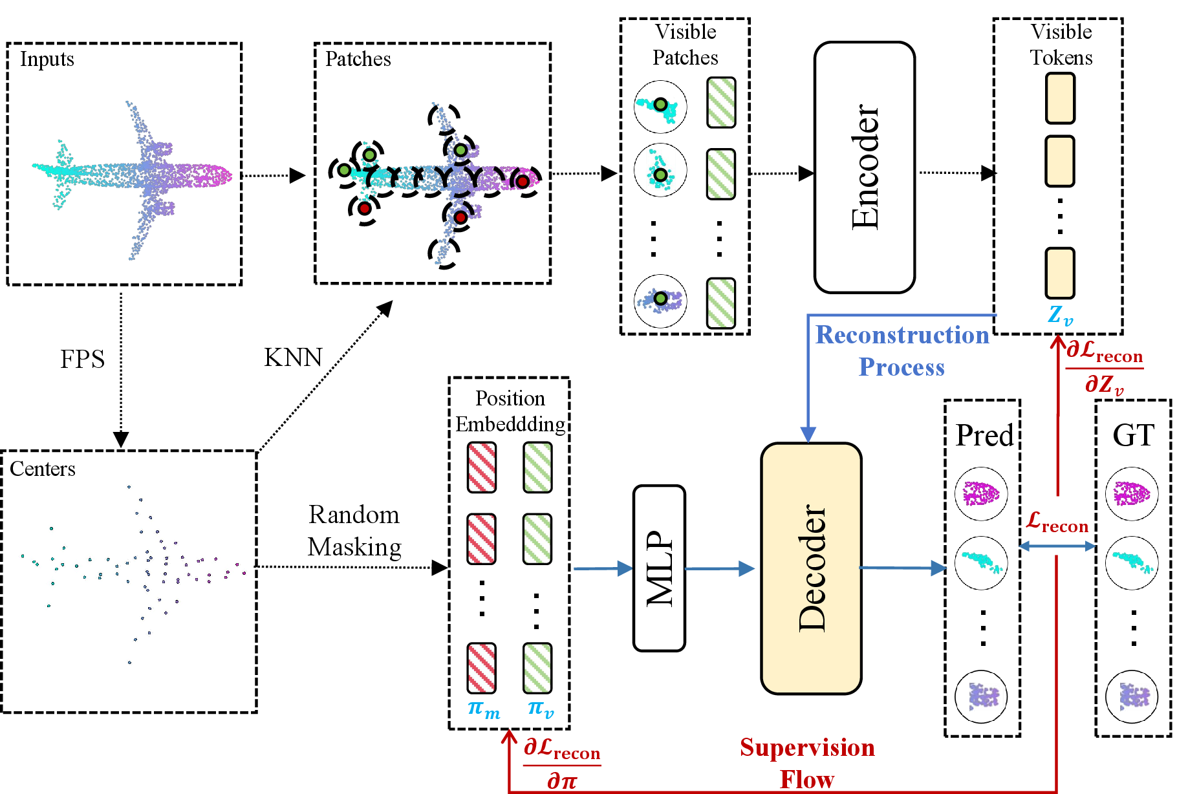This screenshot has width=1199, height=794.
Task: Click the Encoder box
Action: click(865, 167)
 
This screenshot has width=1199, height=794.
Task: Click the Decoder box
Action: click(811, 568)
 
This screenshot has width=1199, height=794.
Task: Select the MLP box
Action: click(659, 568)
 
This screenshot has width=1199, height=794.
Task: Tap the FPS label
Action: click(82, 359)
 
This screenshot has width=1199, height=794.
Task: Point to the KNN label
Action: click(293, 357)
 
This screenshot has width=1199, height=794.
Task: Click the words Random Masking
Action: click(354, 531)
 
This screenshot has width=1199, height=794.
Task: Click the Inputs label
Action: click(47, 59)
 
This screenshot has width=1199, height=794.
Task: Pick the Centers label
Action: click(43, 468)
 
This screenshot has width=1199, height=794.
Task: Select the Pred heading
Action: click(984, 435)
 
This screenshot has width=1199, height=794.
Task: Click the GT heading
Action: click(1133, 435)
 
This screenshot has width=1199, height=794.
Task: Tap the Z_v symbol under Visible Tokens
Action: click(1060, 316)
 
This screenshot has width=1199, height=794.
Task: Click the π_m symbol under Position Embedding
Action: click(484, 709)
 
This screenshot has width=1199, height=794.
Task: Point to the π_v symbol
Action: click(541, 709)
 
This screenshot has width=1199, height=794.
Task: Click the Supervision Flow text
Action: click(807, 763)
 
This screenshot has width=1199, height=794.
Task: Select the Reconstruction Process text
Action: click(902, 350)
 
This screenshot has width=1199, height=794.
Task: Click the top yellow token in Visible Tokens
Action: click(1060, 98)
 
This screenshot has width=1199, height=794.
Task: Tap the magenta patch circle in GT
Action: click(1132, 494)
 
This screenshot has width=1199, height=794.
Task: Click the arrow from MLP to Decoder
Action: click(720, 568)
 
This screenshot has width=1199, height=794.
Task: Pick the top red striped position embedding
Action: click(482, 467)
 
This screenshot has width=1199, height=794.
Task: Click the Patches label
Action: click(358, 59)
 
